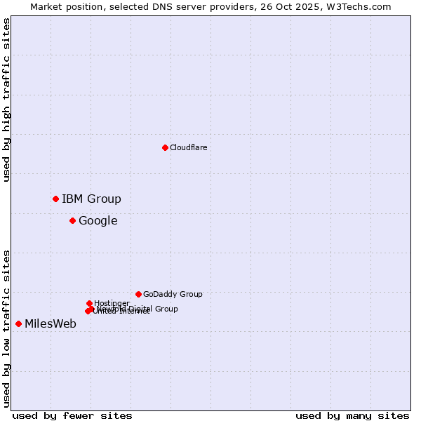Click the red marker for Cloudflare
click(165, 147)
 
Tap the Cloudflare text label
click(188, 147)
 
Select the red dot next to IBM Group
click(55, 199)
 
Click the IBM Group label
click(91, 199)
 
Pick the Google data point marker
click(72, 220)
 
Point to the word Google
click(98, 221)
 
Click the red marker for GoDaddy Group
click(138, 294)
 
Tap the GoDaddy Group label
click(173, 295)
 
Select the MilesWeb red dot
click(18, 323)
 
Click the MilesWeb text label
click(51, 324)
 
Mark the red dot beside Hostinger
click(89, 303)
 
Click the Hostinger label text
click(112, 303)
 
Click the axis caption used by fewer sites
click(72, 415)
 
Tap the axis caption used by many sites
click(352, 415)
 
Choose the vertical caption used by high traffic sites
click(6, 100)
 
